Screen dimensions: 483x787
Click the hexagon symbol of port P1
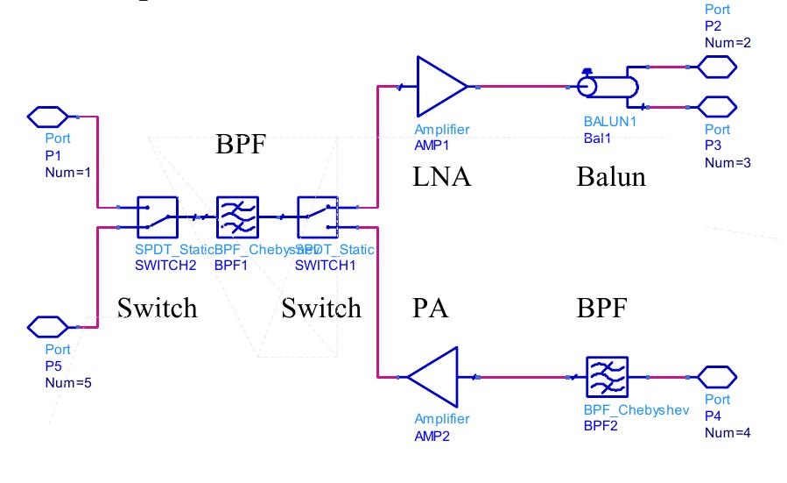[x=47, y=116]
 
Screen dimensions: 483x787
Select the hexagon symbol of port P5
[x=47, y=327]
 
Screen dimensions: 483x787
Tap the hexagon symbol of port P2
[x=717, y=66]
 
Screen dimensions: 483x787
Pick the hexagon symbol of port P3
[x=717, y=108]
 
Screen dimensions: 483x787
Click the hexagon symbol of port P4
[x=717, y=376]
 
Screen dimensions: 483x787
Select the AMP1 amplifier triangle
[x=441, y=87]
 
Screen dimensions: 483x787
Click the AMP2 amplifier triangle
[x=434, y=377]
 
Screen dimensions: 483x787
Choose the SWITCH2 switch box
[x=158, y=217]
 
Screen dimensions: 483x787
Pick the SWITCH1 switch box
[x=317, y=217]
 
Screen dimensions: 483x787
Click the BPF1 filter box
[x=237, y=217]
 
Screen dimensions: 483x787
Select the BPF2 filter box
[x=606, y=377]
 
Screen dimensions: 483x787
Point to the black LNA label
[x=441, y=178]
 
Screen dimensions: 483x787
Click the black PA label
[x=429, y=309]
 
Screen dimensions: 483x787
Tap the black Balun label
[x=611, y=178]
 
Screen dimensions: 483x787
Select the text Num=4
[x=727, y=433]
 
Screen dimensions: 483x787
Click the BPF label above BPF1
[x=240, y=146]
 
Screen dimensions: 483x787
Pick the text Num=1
[x=67, y=172]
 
